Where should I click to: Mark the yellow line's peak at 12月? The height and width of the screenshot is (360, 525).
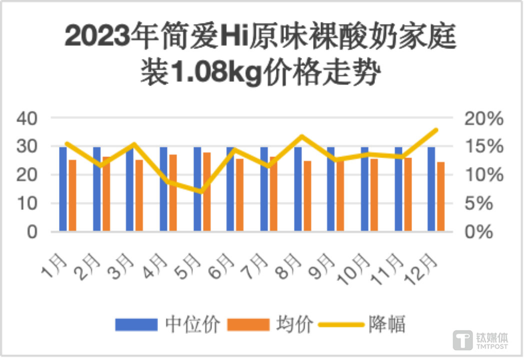click(x=436, y=130)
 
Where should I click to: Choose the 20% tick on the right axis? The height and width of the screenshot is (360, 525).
click(x=482, y=118)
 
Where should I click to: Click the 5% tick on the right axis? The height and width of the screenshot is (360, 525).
click(x=482, y=203)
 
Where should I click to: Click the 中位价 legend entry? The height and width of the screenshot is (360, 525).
click(x=168, y=324)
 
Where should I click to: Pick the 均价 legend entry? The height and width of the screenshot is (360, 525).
click(x=270, y=324)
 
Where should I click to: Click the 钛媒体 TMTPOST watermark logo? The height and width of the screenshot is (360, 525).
click(x=480, y=340)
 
